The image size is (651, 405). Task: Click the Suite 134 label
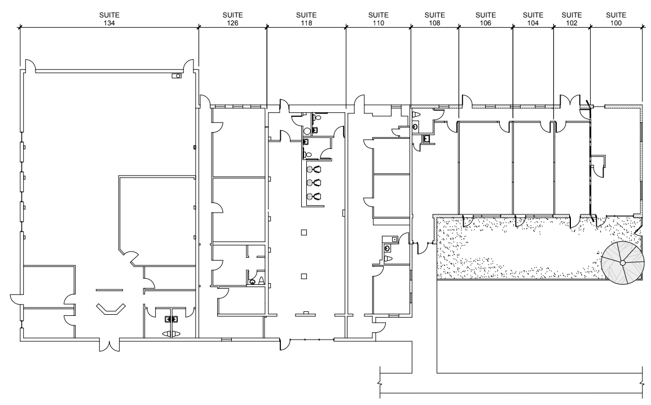[x=109, y=19]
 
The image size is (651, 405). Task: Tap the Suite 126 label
[x=232, y=19]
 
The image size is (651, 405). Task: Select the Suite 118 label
[x=306, y=19]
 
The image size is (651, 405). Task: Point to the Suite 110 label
[x=378, y=19]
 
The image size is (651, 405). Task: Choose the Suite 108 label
[x=435, y=19]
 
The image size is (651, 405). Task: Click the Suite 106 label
[x=485, y=19]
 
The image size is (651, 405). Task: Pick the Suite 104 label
[x=533, y=19]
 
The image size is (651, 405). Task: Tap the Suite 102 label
[x=571, y=19]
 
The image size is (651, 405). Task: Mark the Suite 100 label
[x=616, y=19]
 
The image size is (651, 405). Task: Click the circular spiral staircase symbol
[x=623, y=263]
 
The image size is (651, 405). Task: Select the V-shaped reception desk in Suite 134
[x=111, y=309]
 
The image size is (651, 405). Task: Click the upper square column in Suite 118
[x=304, y=232]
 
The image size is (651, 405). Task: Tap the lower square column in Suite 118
[x=304, y=276]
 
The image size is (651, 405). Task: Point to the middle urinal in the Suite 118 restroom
[x=314, y=183]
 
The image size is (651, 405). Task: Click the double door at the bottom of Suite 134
[x=109, y=345]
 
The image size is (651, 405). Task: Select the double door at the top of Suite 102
[x=570, y=102]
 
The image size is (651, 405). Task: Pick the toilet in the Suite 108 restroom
[x=416, y=114]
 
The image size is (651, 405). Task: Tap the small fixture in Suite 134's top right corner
[x=177, y=76]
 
